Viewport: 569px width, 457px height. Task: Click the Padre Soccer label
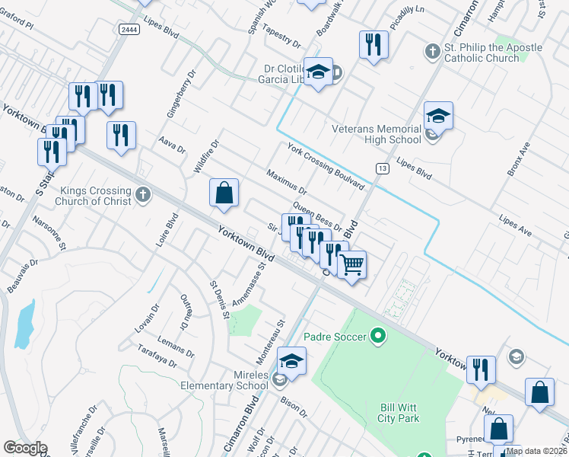(335, 336)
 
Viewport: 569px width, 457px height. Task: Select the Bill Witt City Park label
(399, 413)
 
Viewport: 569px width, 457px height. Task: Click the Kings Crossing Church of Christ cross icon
(143, 196)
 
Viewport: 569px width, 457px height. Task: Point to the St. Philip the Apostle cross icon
(432, 53)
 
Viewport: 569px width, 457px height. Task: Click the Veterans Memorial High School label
(376, 134)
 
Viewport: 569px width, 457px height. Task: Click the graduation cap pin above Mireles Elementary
(291, 361)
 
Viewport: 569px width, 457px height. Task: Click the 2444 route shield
(129, 29)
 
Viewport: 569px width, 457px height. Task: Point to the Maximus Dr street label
(286, 181)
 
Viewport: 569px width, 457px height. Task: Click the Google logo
(25, 448)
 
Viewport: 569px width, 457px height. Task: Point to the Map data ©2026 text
(536, 451)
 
